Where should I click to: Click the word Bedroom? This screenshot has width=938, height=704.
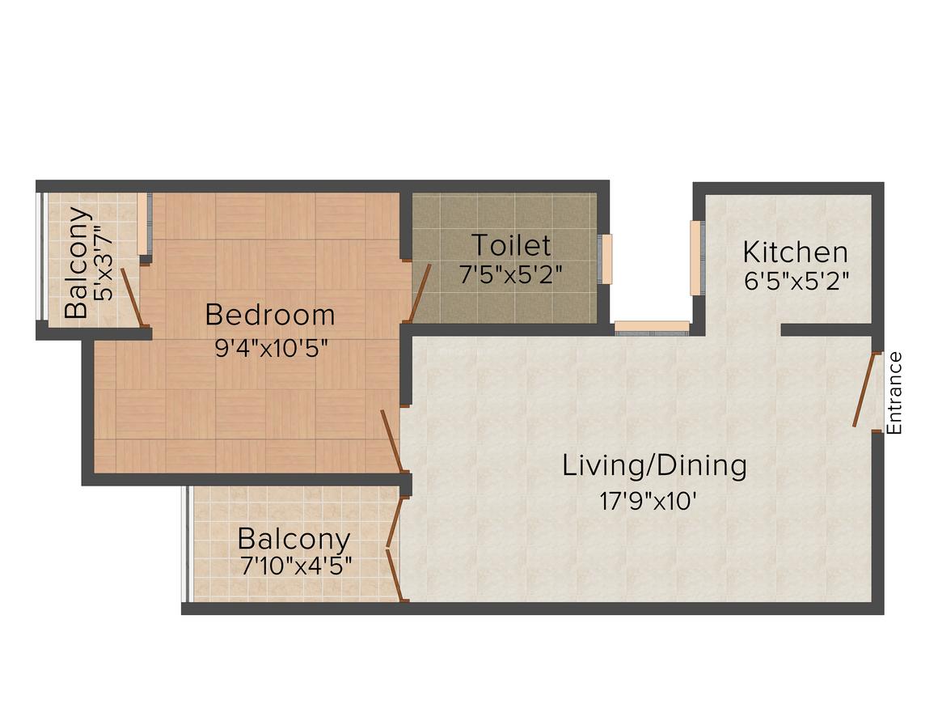click(269, 314)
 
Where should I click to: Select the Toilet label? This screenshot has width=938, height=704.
click(511, 244)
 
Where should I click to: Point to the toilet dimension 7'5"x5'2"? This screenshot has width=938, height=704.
click(511, 275)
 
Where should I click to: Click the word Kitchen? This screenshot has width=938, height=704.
click(795, 252)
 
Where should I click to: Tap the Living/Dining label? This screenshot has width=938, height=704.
click(654, 466)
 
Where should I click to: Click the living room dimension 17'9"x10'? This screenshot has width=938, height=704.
click(648, 502)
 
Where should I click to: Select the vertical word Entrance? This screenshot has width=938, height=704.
click(894, 393)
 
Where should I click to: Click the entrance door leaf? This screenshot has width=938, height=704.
click(866, 389)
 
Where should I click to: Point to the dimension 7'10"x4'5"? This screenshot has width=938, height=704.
click(295, 566)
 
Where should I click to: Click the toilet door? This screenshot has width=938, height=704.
click(420, 291)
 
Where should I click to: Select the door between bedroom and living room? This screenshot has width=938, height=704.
click(391, 441)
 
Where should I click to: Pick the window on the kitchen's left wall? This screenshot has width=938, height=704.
click(695, 258)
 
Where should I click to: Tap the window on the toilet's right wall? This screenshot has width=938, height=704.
click(606, 259)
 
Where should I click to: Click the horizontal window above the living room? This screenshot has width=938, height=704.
click(652, 327)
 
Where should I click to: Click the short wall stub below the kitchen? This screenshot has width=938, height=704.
click(826, 329)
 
